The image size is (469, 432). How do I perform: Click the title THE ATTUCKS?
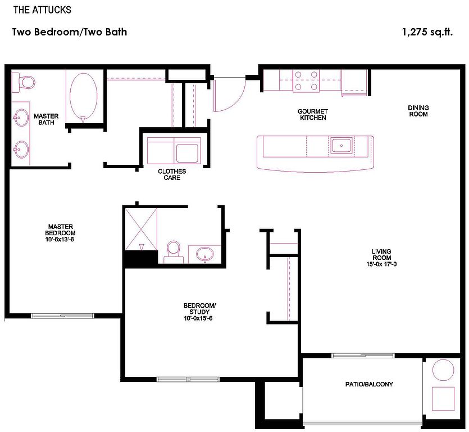[x=42, y=10]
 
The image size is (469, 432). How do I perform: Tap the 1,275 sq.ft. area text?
[x=427, y=31]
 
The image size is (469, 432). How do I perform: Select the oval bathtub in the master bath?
[x=84, y=98]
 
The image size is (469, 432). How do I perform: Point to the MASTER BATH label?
[x=46, y=119]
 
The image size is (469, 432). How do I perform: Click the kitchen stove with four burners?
[x=306, y=80]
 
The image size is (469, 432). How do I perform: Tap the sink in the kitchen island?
[x=341, y=145]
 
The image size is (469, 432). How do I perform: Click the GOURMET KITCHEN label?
[x=313, y=114]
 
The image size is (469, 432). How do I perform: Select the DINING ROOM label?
[x=418, y=111]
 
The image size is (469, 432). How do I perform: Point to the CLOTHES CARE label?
[x=172, y=174]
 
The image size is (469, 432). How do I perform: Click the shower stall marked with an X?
[x=141, y=229]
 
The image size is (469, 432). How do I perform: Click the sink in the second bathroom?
[x=205, y=254]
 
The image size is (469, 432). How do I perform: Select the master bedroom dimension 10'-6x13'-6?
[x=60, y=240]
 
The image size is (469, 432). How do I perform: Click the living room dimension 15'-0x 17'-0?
[x=381, y=264]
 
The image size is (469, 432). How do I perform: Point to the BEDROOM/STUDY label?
[x=199, y=309]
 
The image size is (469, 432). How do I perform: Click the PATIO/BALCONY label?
[x=369, y=384]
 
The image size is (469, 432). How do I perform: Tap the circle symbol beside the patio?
[x=443, y=370]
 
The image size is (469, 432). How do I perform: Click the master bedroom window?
[x=62, y=316]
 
